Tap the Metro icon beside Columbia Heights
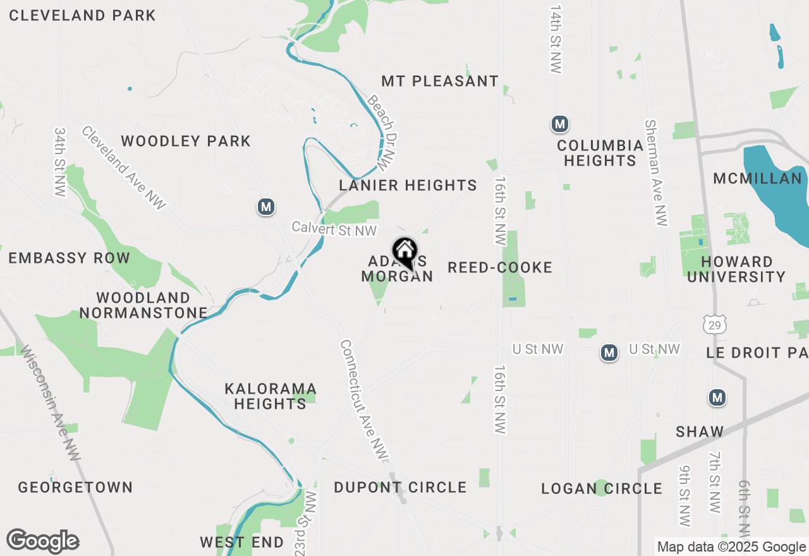pos(559,124)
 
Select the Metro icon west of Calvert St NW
pos(266,207)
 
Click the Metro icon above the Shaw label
pos(717,397)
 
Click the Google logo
pos(43,541)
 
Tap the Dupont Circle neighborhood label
pos(400,488)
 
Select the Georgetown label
pos(75,487)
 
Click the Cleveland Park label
pos(82,15)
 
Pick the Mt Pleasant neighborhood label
pos(440,81)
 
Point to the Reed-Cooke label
pos(500,267)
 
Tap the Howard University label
pos(736,269)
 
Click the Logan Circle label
pos(602,488)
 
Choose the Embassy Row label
pos(69,258)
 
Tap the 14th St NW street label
pos(556,40)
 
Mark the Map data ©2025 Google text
pos(731,547)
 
